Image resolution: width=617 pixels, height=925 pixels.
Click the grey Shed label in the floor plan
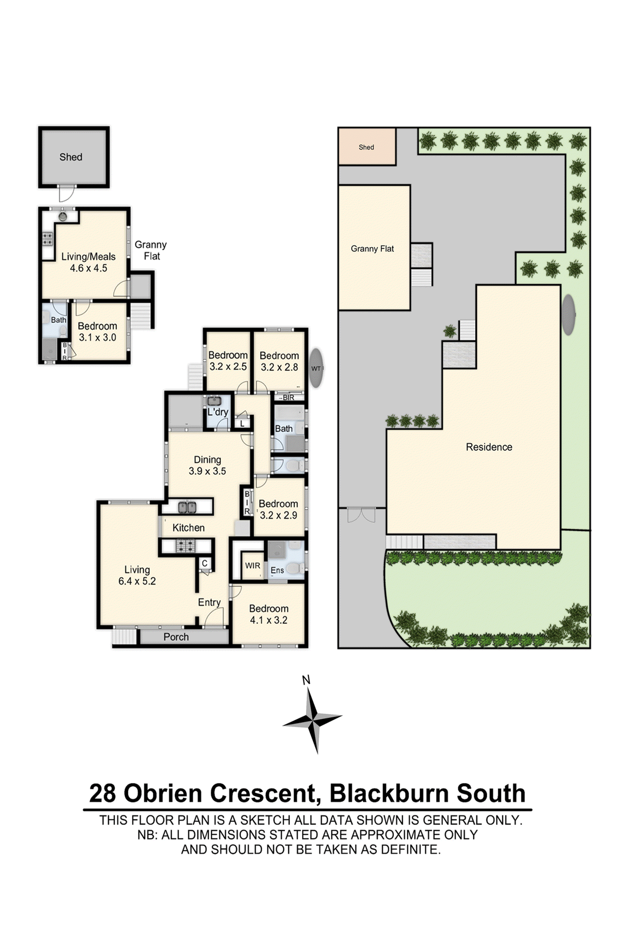[x=71, y=157]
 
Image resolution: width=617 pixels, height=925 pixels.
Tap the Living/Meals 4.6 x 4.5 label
[x=89, y=262]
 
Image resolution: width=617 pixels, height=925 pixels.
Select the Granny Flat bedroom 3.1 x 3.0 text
[x=97, y=331]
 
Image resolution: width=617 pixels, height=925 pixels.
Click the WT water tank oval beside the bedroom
[x=316, y=368]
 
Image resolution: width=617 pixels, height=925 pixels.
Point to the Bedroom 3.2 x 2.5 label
[x=228, y=361]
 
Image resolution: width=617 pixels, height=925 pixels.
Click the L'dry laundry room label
[x=217, y=412]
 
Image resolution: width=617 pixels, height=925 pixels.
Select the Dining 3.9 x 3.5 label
[x=207, y=465]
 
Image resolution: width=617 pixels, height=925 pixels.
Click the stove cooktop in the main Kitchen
[x=185, y=546]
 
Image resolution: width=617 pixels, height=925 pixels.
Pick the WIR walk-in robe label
[x=252, y=565]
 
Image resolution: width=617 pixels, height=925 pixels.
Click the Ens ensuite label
[x=277, y=570]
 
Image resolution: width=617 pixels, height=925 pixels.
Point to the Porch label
[x=176, y=637]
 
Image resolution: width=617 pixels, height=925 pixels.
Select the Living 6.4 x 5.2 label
[x=137, y=575]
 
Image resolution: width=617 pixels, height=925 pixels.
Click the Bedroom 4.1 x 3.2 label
[x=269, y=614]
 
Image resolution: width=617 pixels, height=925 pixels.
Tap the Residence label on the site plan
[x=489, y=447]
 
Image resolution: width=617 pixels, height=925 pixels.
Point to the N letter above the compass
[x=306, y=680]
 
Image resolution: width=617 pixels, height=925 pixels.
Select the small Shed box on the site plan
[x=366, y=147]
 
